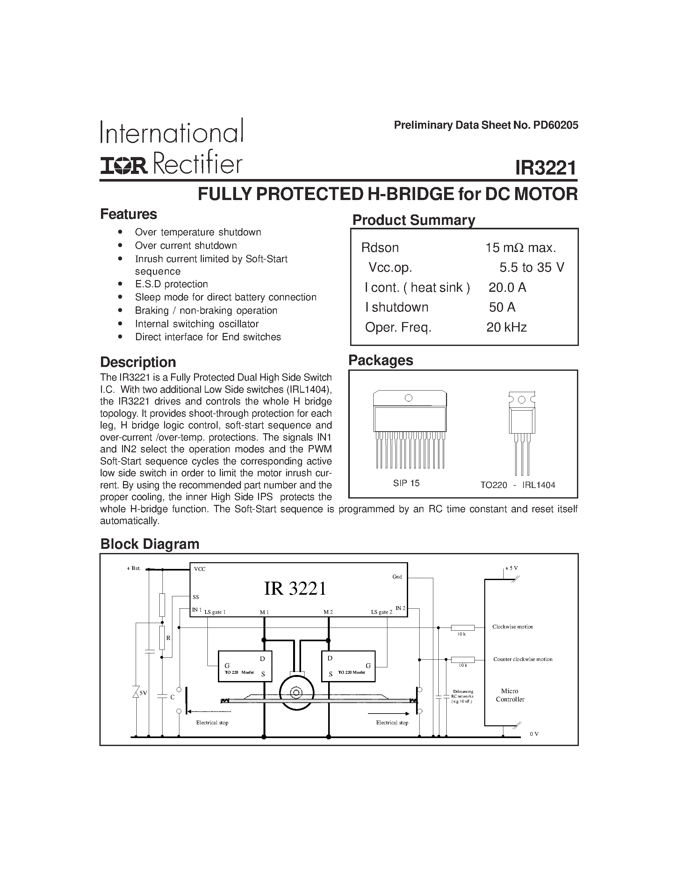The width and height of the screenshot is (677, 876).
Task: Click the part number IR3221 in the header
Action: click(545, 168)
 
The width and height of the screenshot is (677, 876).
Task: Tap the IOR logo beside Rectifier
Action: click(124, 166)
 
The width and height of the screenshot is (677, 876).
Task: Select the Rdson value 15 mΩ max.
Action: click(520, 248)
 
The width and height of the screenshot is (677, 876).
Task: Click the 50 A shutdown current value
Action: click(502, 307)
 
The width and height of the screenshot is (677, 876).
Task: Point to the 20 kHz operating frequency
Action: click(506, 327)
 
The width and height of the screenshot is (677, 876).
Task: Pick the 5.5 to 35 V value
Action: click(531, 267)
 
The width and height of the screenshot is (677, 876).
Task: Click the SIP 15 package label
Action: click(406, 483)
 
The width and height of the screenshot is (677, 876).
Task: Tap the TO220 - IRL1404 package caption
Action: click(517, 485)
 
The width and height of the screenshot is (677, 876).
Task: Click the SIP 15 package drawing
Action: click(409, 427)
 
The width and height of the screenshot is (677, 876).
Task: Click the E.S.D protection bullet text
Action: click(171, 284)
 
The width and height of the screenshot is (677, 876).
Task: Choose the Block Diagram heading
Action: click(150, 544)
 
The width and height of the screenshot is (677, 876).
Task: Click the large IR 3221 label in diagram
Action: click(295, 589)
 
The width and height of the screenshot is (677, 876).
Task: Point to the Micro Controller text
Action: click(510, 695)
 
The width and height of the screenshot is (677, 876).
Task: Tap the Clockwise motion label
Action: click(513, 627)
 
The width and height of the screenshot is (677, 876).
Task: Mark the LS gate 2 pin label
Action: click(381, 612)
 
